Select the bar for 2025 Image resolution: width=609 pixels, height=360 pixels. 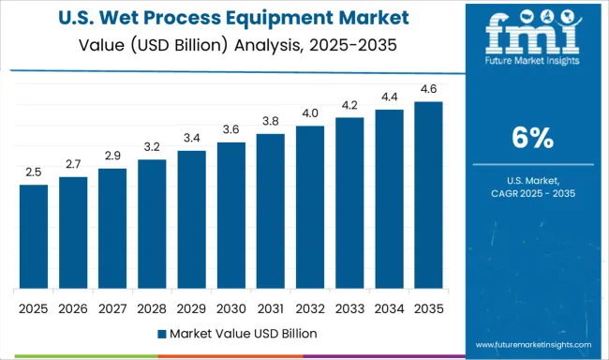[x=34, y=237]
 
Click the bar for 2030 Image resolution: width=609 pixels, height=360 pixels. [x=230, y=216]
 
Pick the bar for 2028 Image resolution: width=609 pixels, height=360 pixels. [x=152, y=224]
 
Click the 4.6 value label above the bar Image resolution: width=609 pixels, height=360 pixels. [x=428, y=90]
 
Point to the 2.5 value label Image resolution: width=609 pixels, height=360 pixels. [x=34, y=173]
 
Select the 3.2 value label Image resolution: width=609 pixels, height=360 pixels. [x=152, y=147]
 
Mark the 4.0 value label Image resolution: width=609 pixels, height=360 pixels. [x=310, y=114]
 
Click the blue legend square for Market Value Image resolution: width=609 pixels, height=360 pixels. [x=161, y=333]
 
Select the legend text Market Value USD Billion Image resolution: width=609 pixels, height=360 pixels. [x=244, y=333]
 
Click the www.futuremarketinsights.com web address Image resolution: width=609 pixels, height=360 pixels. [x=533, y=345]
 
